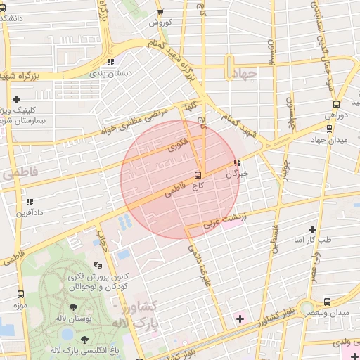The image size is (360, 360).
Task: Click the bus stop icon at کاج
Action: point(198,174)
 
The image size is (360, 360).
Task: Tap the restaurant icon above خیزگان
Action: point(237,163)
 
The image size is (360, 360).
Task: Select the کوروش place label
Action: point(160,22)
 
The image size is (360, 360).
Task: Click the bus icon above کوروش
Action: point(160,12)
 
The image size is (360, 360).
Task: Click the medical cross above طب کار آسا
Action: point(312,229)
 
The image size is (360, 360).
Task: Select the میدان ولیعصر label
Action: point(331,311)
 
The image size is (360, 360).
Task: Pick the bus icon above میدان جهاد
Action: point(330,128)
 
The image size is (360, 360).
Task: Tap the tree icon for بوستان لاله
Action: point(73,308)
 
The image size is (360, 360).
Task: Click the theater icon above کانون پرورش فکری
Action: point(98,265)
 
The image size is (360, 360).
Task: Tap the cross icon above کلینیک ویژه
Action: point(17,99)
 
